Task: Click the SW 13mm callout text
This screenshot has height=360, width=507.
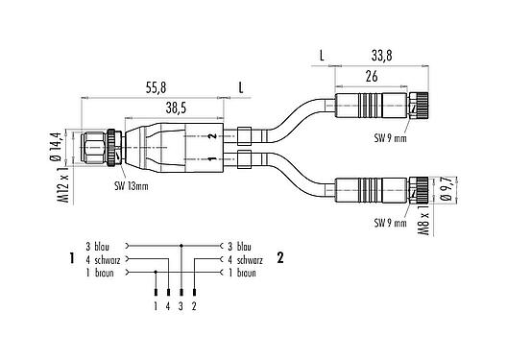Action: click(133, 185)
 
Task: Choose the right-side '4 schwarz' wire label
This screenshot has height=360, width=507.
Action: click(244, 259)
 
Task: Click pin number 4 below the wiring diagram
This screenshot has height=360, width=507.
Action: click(169, 306)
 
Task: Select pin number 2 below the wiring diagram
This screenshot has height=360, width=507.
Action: click(194, 306)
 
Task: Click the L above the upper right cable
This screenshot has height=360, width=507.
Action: click(322, 56)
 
